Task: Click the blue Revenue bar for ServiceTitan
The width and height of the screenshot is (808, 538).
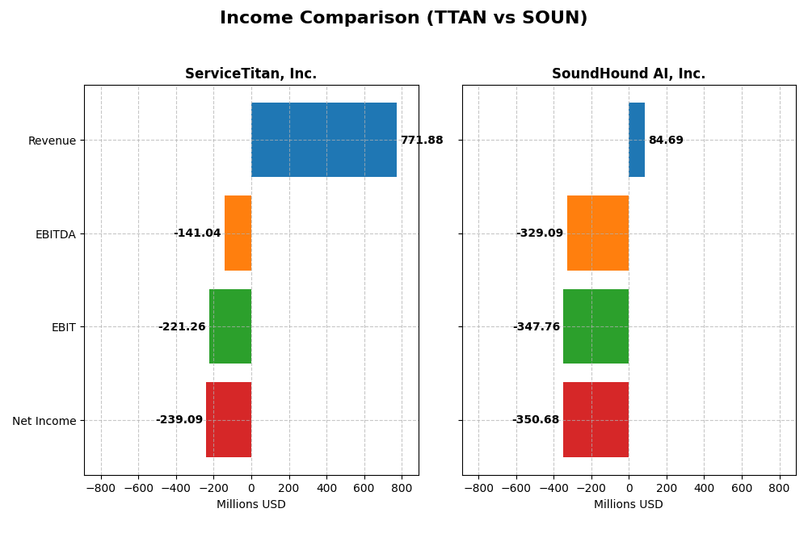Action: pyautogui.click(x=323, y=140)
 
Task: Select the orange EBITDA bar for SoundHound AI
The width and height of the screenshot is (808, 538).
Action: pyautogui.click(x=598, y=233)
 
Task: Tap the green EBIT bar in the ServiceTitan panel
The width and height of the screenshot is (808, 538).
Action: pyautogui.click(x=230, y=326)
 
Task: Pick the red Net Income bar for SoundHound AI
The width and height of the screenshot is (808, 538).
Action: pyautogui.click(x=595, y=420)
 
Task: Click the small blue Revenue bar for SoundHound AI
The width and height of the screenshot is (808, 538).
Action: pyautogui.click(x=637, y=140)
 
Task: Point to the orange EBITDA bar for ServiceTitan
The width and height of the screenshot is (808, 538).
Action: pyautogui.click(x=238, y=233)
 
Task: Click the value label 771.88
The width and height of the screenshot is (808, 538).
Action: pyautogui.click(x=422, y=141)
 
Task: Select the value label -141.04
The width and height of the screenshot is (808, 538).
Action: pyautogui.click(x=197, y=233)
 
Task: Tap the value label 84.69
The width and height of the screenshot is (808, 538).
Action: pyautogui.click(x=666, y=141)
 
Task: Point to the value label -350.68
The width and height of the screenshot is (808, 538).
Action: pyautogui.click(x=536, y=420)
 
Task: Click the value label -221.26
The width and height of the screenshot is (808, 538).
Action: pyautogui.click(x=182, y=327)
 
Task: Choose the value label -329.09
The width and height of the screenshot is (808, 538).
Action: pyautogui.click(x=540, y=233)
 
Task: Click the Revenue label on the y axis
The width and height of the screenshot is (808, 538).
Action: pyautogui.click(x=52, y=141)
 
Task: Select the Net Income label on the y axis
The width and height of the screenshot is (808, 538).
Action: pyautogui.click(x=44, y=421)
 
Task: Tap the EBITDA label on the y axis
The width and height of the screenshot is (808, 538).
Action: pyautogui.click(x=56, y=234)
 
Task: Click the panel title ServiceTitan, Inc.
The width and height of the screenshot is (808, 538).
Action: pyautogui.click(x=251, y=74)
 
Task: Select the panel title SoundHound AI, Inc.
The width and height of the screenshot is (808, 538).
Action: pyautogui.click(x=629, y=74)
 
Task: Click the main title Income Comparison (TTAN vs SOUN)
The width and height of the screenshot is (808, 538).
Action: pyautogui.click(x=404, y=19)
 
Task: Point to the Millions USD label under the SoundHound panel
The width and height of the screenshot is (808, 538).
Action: pyautogui.click(x=629, y=505)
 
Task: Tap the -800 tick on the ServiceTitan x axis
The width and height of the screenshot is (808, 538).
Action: pyautogui.click(x=101, y=489)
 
